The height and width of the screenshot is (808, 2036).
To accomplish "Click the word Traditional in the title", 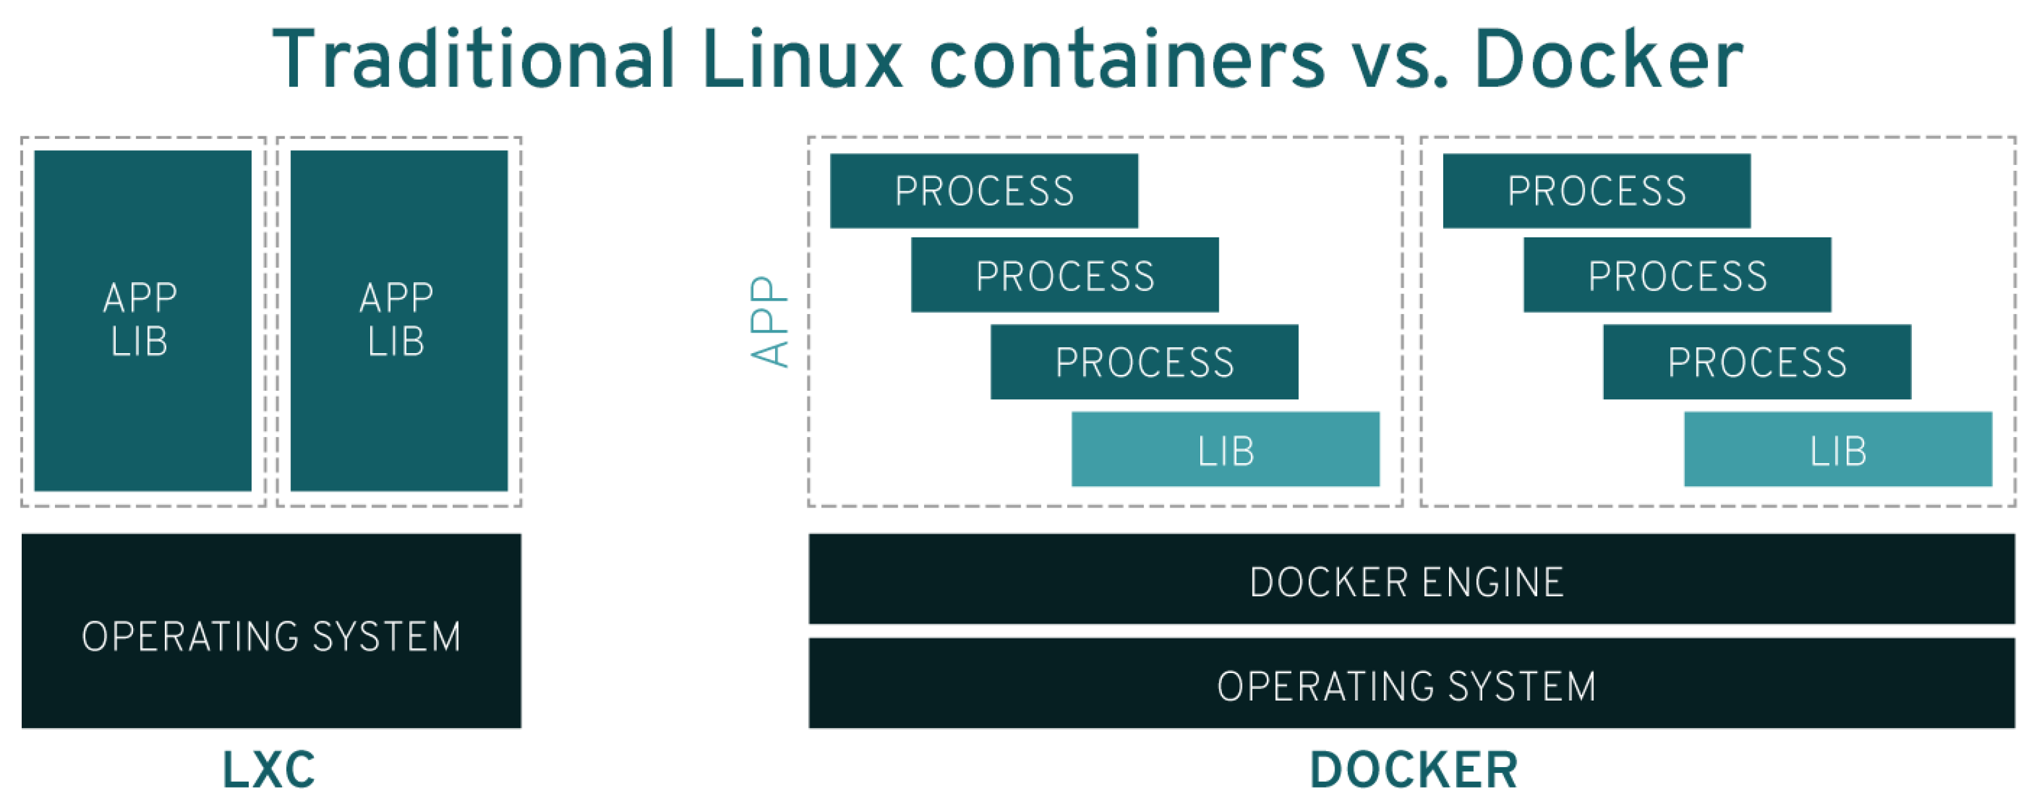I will click(473, 59).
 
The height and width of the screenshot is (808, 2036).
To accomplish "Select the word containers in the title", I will click(1126, 59).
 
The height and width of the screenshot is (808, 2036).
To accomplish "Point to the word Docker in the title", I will click(1608, 59).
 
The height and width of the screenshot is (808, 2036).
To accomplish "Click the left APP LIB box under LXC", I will click(142, 321).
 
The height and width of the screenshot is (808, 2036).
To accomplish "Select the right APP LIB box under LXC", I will click(399, 321).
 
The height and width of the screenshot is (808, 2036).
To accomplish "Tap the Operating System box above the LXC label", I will click(271, 630).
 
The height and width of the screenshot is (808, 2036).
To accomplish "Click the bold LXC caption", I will click(269, 769).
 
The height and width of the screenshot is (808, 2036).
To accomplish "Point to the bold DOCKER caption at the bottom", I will click(1413, 769).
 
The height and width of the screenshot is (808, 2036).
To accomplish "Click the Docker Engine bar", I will click(1411, 579).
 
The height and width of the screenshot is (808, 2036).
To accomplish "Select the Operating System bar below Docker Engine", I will click(1411, 683).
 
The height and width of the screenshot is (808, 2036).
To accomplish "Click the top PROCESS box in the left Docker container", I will click(984, 191).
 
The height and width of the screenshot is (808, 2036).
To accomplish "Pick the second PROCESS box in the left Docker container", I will click(1065, 274).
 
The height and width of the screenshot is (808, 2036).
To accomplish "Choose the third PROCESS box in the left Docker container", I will click(1145, 361).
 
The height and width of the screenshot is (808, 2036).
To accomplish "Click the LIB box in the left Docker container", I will click(1225, 449).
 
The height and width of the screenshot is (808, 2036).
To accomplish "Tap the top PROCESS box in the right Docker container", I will click(1597, 191).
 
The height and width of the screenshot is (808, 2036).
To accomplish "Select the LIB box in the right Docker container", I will click(1838, 449).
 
